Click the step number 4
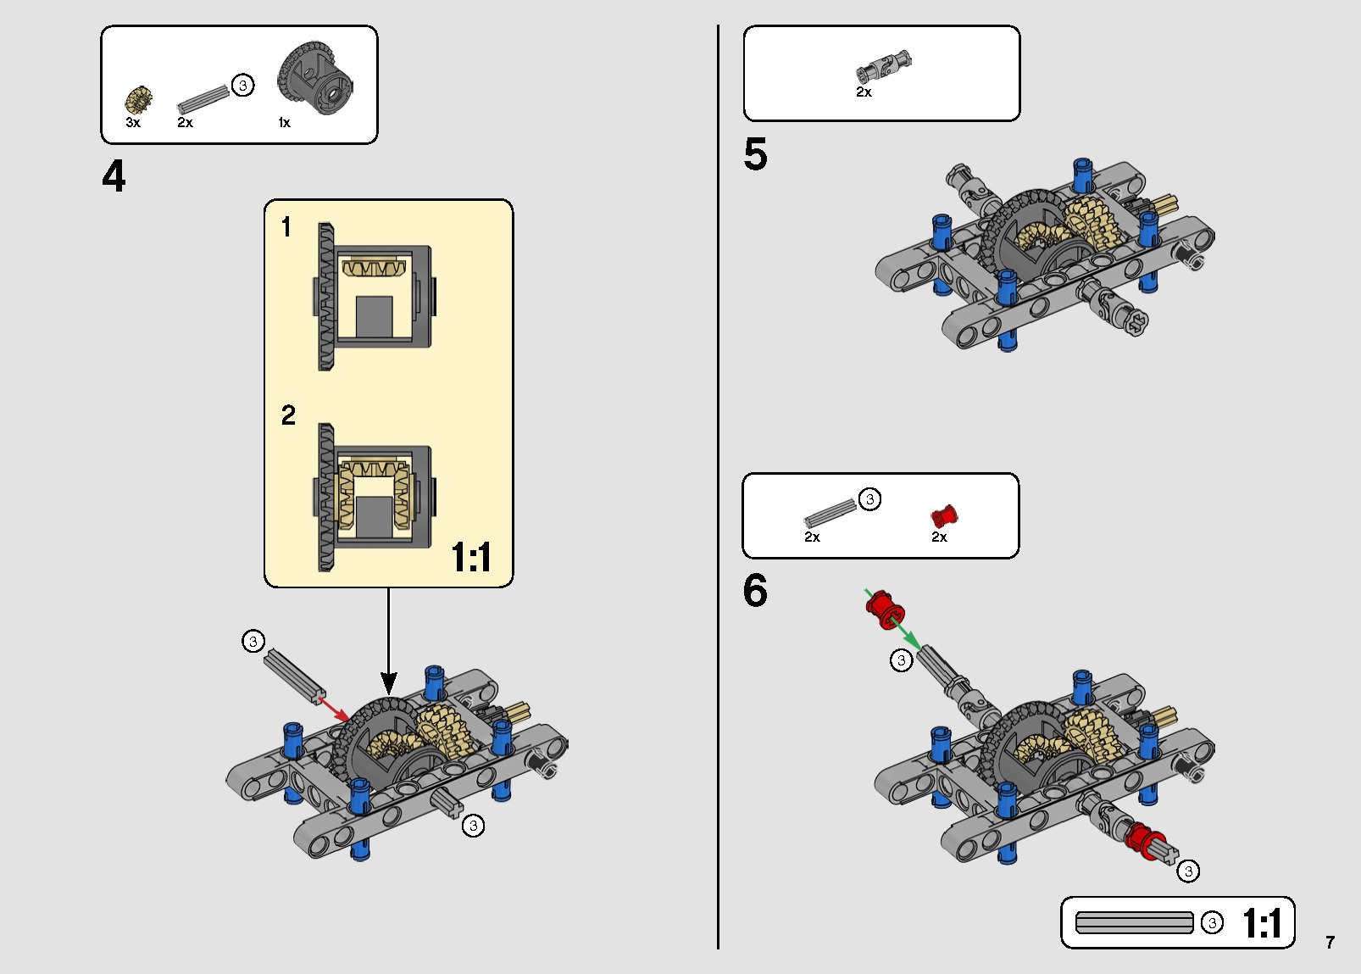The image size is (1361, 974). pyautogui.click(x=114, y=176)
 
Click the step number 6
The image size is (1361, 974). pyautogui.click(x=755, y=590)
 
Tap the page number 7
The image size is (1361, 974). pyautogui.click(x=1330, y=943)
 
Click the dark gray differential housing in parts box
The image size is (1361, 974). pyautogui.click(x=315, y=78)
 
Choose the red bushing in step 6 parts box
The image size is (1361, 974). pyautogui.click(x=944, y=516)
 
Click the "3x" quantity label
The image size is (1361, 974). pyautogui.click(x=133, y=123)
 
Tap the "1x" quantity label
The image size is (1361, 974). pyautogui.click(x=285, y=123)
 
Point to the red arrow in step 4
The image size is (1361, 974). pyautogui.click(x=334, y=709)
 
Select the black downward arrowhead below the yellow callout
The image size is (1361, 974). pyautogui.click(x=389, y=683)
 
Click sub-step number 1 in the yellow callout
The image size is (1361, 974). pyautogui.click(x=286, y=227)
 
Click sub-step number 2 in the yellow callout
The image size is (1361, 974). pyautogui.click(x=288, y=415)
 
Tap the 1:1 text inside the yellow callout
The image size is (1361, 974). pyautogui.click(x=471, y=557)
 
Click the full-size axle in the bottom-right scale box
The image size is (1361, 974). pyautogui.click(x=1135, y=922)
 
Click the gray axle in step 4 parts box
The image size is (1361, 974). pyautogui.click(x=203, y=99)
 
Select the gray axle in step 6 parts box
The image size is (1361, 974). pyautogui.click(x=830, y=513)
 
